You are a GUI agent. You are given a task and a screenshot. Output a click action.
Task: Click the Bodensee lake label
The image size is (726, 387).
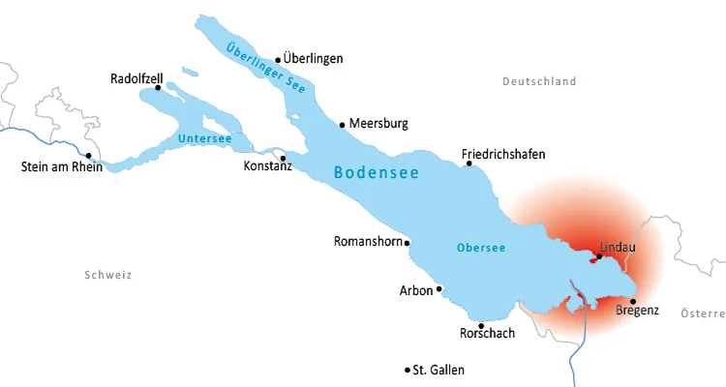pyautogui.click(x=376, y=173)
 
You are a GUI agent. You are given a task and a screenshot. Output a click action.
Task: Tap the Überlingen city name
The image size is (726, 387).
pyautogui.click(x=314, y=59)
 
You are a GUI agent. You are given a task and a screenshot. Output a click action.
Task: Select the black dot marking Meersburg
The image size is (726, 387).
pyautogui.click(x=342, y=124)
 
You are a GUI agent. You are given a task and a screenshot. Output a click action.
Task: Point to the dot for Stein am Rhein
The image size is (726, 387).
pyautogui.click(x=88, y=155)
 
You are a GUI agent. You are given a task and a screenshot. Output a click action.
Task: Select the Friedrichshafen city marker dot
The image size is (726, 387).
pyautogui.click(x=469, y=164)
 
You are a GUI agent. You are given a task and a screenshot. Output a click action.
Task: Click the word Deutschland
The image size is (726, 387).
pyautogui.click(x=539, y=82)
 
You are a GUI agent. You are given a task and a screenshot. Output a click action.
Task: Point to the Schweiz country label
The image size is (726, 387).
pyautogui.click(x=107, y=276)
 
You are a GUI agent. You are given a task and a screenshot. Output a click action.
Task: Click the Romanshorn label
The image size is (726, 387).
pyautogui.click(x=367, y=242)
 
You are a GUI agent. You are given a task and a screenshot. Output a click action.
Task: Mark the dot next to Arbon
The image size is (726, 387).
pyautogui.click(x=439, y=288)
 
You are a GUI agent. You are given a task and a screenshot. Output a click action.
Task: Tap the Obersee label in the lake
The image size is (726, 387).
pyautogui.click(x=480, y=248)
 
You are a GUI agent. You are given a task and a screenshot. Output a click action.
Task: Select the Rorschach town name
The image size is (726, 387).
pyautogui.click(x=487, y=334)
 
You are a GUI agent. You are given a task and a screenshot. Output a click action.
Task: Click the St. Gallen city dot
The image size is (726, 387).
pyautogui.click(x=407, y=370)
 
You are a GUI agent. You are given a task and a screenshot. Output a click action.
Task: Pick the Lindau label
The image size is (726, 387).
pyautogui.click(x=618, y=247)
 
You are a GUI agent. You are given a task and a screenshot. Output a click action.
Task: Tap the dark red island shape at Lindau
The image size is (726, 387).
pyautogui.click(x=591, y=259)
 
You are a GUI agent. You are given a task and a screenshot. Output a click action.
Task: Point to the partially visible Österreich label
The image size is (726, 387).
pyautogui.click(x=703, y=313)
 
